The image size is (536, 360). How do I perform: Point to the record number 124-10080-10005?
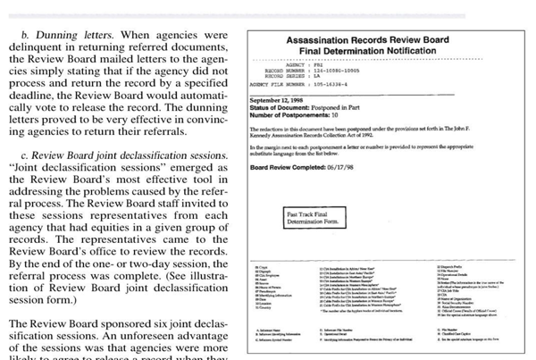[x=357, y=71]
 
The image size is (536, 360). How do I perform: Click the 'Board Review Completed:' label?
[x=293, y=168]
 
